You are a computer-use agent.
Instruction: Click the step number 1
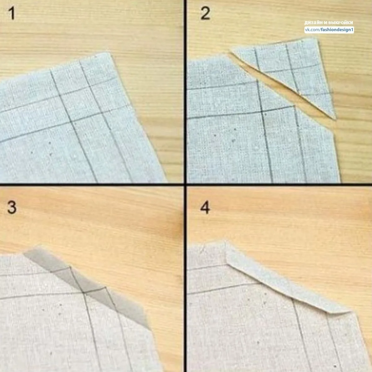pyautogui.click(x=12, y=13)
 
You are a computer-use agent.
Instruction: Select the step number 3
pyautogui.click(x=12, y=207)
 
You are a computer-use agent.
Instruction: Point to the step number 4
pyautogui.click(x=205, y=207)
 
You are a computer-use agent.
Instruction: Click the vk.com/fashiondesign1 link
pyautogui.click(x=329, y=30)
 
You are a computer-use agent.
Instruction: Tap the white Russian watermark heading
pyautogui.click(x=329, y=23)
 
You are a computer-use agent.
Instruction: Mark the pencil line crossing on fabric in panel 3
pyautogui.click(x=84, y=293)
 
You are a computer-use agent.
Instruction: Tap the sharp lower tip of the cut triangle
pyautogui.click(x=335, y=120)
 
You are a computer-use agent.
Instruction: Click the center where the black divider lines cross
pyautogui.click(x=185, y=185)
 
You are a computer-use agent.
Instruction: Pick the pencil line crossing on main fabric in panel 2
pyautogui.click(x=262, y=112)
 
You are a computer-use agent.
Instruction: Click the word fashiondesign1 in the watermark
pyautogui.click(x=337, y=30)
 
